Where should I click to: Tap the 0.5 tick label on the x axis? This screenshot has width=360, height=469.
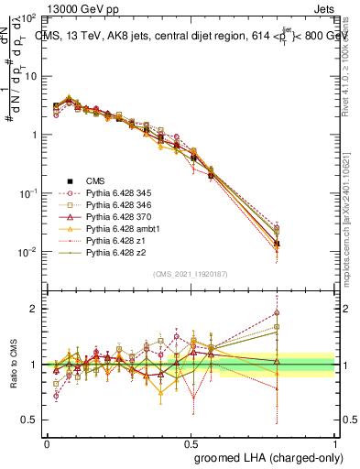(x=191, y=442)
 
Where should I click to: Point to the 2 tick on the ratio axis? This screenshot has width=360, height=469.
(x=37, y=309)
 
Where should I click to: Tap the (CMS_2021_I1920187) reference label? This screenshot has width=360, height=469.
(x=191, y=274)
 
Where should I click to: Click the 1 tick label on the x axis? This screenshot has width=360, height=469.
(x=336, y=442)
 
